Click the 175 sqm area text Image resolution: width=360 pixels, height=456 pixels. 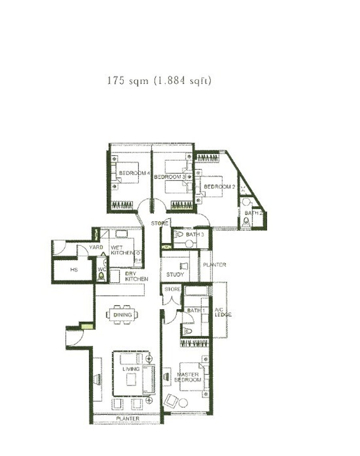(x=159, y=80)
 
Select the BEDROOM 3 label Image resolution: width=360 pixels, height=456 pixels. (x=169, y=177)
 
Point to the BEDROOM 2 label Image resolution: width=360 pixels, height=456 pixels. (x=219, y=187)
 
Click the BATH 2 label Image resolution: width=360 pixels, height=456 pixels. (x=254, y=213)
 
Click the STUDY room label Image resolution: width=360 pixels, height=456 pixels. (x=175, y=274)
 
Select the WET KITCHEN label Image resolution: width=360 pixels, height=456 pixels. (x=122, y=250)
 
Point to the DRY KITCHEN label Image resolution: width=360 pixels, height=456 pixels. (x=136, y=276)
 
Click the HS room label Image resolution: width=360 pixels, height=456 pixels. (x=74, y=269)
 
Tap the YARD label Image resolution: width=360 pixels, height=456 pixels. (x=96, y=247)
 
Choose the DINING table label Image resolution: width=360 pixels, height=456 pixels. (x=122, y=315)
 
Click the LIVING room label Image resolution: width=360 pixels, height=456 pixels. (x=131, y=369)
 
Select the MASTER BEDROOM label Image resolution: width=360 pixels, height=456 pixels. (x=188, y=377)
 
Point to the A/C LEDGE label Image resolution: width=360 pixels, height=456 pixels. (x=223, y=312)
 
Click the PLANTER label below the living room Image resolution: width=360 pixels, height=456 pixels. (x=128, y=418)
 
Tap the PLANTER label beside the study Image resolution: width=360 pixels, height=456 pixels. (x=214, y=265)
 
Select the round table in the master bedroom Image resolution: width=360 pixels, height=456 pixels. (x=183, y=403)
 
